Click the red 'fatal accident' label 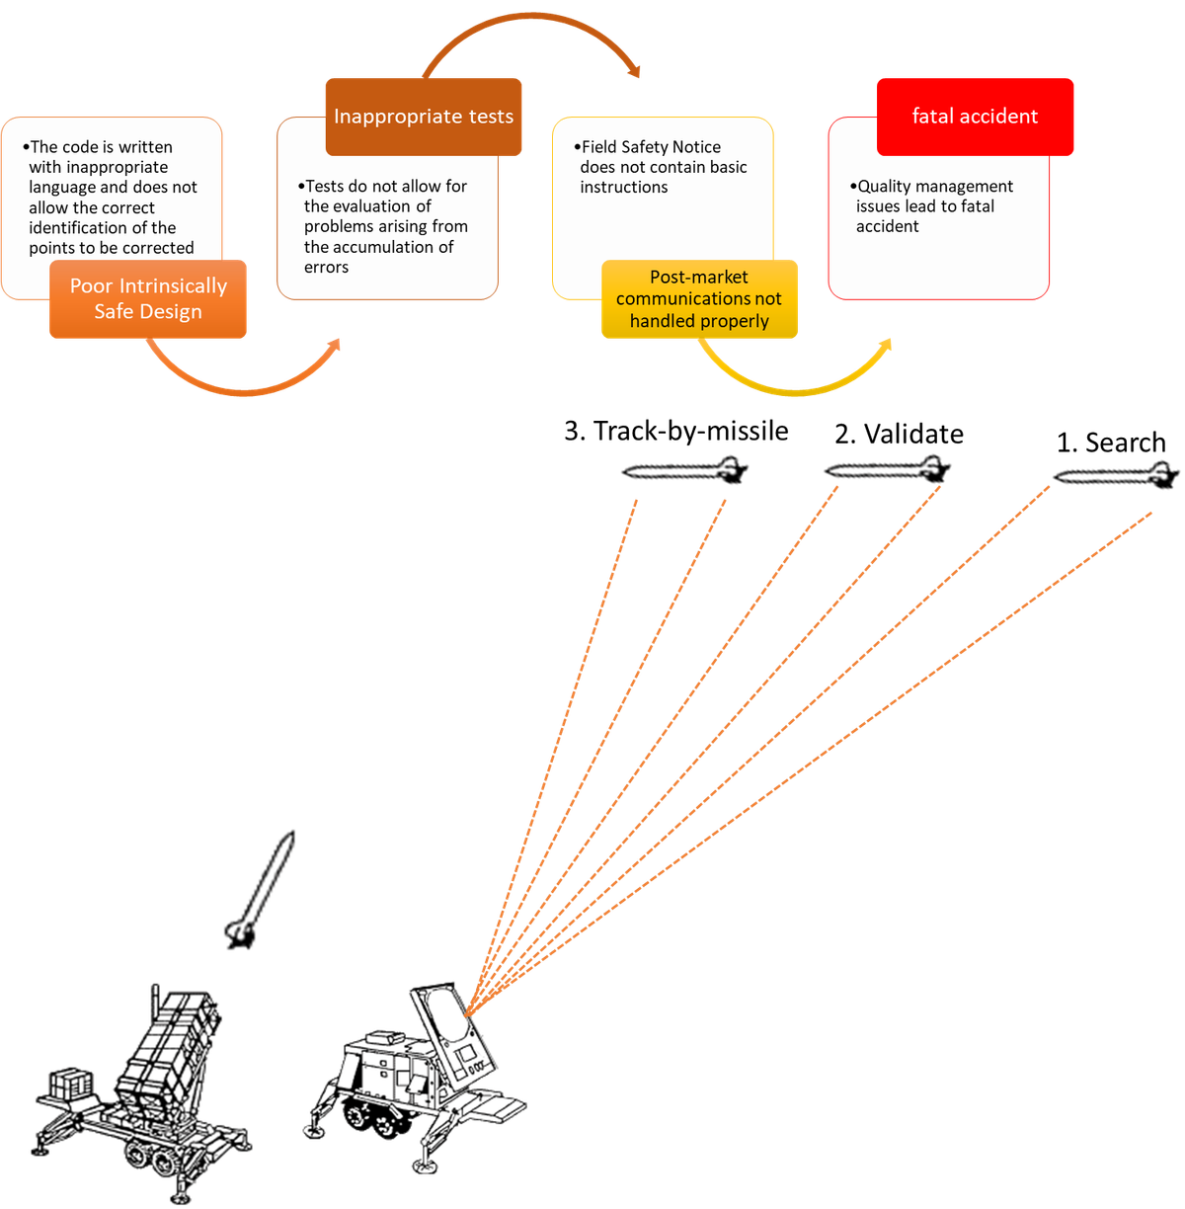[x=975, y=117]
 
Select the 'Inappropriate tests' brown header [x=424, y=117]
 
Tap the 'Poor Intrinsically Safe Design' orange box [x=148, y=298]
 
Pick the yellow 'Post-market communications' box [x=699, y=299]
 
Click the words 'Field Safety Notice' [x=651, y=147]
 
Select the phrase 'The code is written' [x=102, y=147]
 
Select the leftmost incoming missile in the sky [x=684, y=471]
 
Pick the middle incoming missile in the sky [x=888, y=470]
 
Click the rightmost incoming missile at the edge [x=1116, y=475]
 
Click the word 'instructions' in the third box [x=624, y=188]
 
